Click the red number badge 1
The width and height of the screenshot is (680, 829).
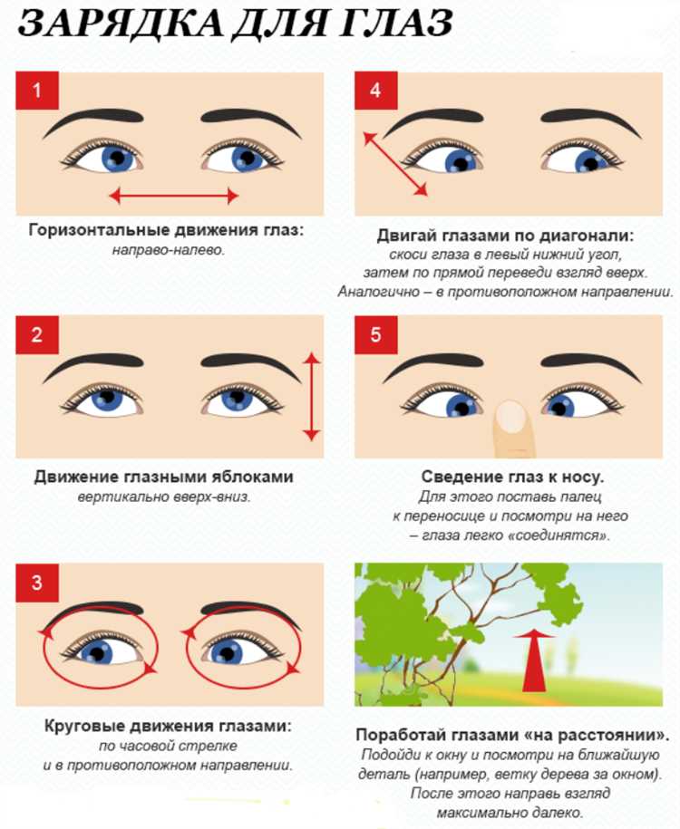[37, 91]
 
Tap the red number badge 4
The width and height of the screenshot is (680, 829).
[375, 91]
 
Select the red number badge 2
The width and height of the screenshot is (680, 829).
[37, 335]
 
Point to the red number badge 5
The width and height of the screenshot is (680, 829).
[375, 335]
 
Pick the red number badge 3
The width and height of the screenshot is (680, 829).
[37, 583]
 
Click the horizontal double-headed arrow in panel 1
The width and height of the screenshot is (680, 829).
[174, 195]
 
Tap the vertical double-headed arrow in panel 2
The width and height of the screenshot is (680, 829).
[312, 396]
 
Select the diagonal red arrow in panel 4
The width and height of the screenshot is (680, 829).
[395, 164]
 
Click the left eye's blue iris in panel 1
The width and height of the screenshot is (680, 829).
[117, 158]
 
